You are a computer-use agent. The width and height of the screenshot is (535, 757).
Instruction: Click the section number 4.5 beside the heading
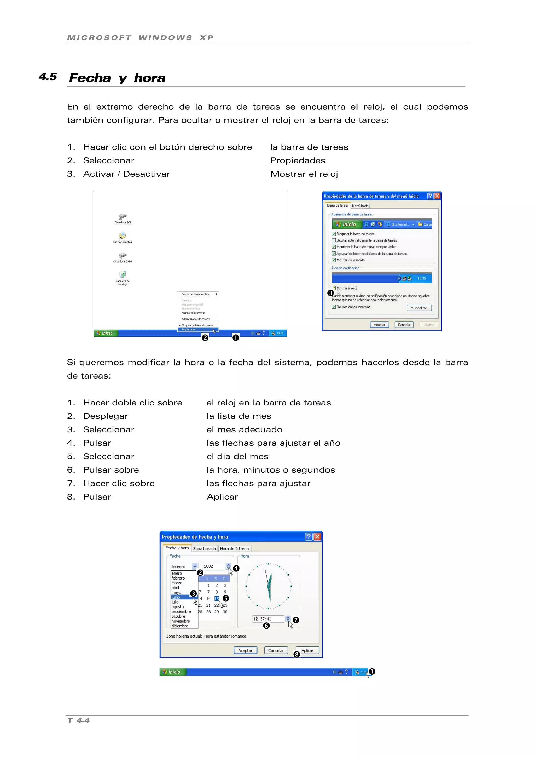coord(48,77)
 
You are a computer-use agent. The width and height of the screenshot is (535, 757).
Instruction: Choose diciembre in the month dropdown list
coord(180,626)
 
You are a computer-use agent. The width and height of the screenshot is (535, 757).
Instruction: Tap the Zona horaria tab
coord(204,549)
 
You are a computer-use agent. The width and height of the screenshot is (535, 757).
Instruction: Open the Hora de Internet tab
coord(235,549)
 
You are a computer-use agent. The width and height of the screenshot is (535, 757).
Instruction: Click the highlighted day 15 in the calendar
coord(217,598)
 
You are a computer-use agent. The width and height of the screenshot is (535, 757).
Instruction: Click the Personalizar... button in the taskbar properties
coord(419,308)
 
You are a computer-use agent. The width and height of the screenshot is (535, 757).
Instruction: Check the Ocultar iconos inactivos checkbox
coord(334,307)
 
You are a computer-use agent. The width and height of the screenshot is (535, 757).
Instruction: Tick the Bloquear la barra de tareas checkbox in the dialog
coord(334,234)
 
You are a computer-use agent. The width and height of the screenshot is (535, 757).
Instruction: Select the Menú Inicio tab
coord(360,206)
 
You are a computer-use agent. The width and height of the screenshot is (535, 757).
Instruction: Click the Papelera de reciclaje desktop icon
coord(123,275)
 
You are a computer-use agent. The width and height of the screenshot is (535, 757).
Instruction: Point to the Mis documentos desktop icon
coord(123,236)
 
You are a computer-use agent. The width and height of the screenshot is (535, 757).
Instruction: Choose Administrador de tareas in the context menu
coord(195,319)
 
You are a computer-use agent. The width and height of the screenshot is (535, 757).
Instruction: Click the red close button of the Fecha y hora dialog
coord(317,537)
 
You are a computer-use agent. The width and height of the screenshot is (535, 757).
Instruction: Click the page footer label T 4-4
coord(78,721)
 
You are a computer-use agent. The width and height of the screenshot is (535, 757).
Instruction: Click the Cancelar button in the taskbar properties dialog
coord(404,325)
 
